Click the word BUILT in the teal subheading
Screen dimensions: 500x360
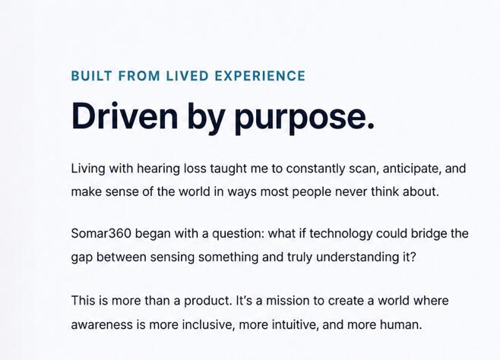tap(91, 76)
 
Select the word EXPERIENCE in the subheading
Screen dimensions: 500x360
tap(260, 76)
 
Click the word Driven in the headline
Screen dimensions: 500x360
tap(125, 116)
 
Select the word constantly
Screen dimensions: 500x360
tap(315, 169)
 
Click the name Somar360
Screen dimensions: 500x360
tap(101, 233)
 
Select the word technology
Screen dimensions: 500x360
tap(340, 234)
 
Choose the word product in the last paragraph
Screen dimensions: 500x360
tap(207, 302)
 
